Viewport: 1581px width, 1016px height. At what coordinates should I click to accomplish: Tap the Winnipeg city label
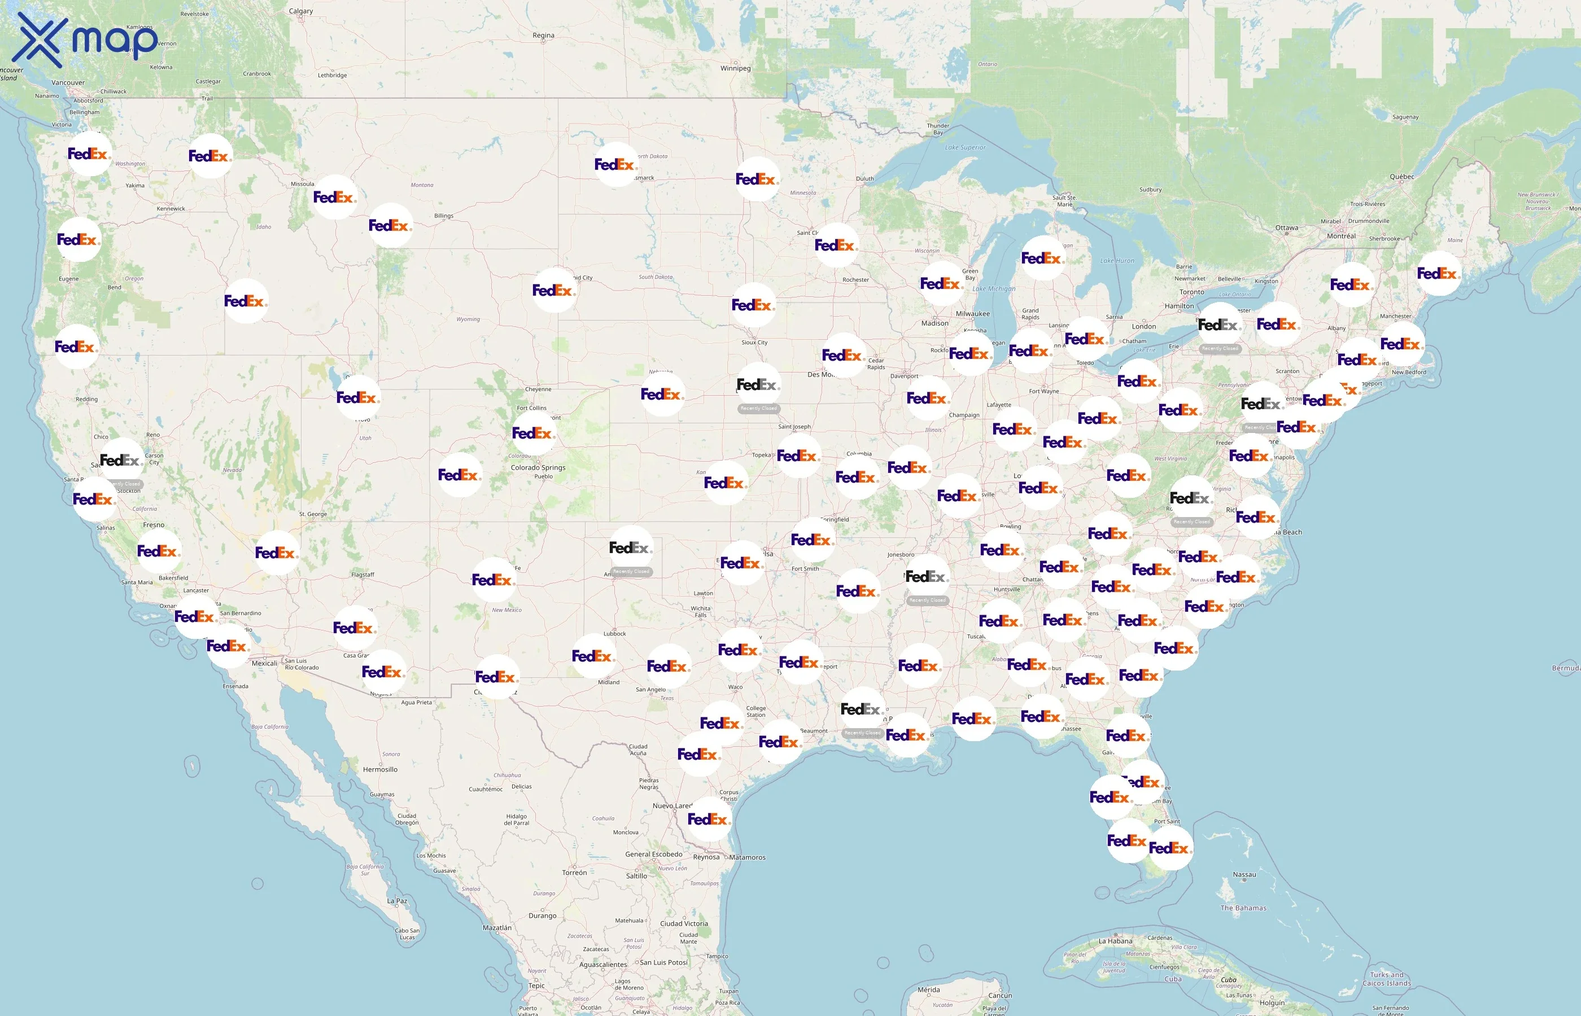pyautogui.click(x=735, y=68)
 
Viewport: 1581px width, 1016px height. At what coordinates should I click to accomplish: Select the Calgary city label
pyautogui.click(x=301, y=11)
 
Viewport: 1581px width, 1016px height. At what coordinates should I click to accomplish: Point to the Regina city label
pyautogui.click(x=543, y=35)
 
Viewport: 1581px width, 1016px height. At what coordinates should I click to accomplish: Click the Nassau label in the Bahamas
pyautogui.click(x=1244, y=875)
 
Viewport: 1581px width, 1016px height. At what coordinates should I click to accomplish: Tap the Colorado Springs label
pyautogui.click(x=538, y=468)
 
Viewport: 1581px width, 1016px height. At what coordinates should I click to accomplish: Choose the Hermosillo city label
pyautogui.click(x=380, y=769)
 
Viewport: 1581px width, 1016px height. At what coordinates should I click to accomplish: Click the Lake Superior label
pyautogui.click(x=965, y=147)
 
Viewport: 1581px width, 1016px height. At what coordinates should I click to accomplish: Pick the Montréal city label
pyautogui.click(x=1341, y=236)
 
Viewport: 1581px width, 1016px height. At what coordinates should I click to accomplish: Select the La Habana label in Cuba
pyautogui.click(x=1115, y=941)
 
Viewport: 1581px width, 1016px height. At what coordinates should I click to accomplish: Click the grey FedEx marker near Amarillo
pyautogui.click(x=630, y=548)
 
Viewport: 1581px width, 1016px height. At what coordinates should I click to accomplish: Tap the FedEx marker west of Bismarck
pyautogui.click(x=615, y=164)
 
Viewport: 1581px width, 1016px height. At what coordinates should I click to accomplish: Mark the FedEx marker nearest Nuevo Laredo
pyautogui.click(x=708, y=819)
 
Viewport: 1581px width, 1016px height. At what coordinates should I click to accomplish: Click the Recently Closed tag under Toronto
pyautogui.click(x=1220, y=348)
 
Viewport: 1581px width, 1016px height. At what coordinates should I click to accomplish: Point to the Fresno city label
pyautogui.click(x=154, y=525)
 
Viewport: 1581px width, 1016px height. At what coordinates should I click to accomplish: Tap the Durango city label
pyautogui.click(x=543, y=916)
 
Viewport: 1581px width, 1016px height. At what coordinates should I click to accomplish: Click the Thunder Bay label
pyautogui.click(x=938, y=129)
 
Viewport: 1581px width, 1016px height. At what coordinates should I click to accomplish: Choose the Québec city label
pyautogui.click(x=1401, y=177)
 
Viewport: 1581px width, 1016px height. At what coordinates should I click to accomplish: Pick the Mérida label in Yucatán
pyautogui.click(x=928, y=989)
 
